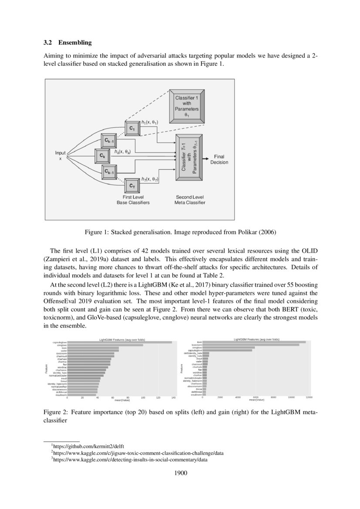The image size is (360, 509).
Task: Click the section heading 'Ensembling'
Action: [75, 43]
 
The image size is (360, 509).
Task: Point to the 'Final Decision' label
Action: [219, 159]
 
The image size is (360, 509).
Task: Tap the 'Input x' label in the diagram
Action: [60, 155]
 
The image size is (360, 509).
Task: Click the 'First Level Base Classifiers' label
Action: [133, 200]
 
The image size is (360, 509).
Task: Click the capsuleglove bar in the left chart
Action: [119, 342]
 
